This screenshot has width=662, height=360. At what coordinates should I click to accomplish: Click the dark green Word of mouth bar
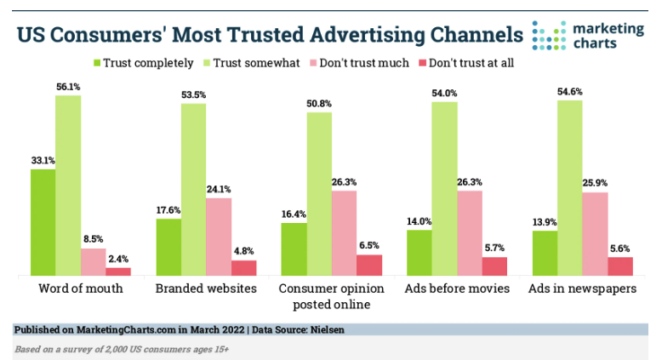coord(43,221)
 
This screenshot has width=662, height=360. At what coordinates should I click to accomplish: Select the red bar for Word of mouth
coord(118,271)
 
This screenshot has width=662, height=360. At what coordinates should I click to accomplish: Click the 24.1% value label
coord(219,190)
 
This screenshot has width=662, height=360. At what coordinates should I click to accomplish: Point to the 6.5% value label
coord(369,246)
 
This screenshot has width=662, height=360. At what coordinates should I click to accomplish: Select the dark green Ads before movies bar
coord(419,252)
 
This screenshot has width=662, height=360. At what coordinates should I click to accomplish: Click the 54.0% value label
coord(444,94)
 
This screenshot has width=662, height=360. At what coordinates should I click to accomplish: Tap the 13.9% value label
coord(545,222)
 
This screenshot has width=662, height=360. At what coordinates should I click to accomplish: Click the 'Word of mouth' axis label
coord(81,289)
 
